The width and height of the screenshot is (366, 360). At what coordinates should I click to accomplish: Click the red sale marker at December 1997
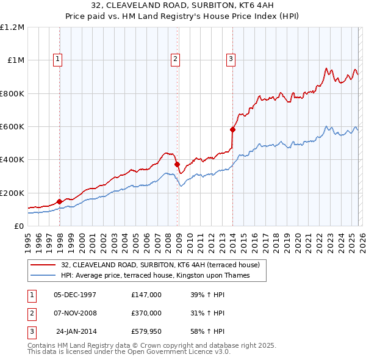(x=59, y=201)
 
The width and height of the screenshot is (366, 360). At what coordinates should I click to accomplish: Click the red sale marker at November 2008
(x=177, y=164)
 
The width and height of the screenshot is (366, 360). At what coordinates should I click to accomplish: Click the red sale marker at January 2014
(x=232, y=129)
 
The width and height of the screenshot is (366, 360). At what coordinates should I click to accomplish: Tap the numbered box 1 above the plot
(x=58, y=59)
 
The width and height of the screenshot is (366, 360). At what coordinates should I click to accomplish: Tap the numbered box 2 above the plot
(x=175, y=59)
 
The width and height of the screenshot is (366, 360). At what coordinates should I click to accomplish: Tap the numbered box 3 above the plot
(x=231, y=59)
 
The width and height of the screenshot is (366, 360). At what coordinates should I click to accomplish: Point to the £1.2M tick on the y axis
(x=12, y=27)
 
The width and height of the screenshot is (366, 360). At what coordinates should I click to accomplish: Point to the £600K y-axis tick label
(x=12, y=127)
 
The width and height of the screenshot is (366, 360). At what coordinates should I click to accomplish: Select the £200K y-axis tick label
(x=12, y=193)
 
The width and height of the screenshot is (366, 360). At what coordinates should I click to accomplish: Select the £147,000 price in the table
(x=146, y=294)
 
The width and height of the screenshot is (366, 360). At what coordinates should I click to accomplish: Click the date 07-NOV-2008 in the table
(x=75, y=312)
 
